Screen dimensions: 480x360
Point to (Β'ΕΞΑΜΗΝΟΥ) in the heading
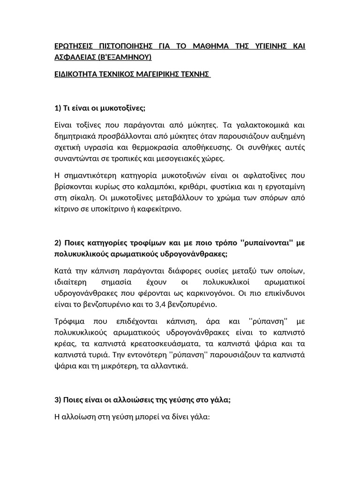pyautogui.click(x=125, y=57)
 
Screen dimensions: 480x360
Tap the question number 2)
pyautogui.click(x=58, y=242)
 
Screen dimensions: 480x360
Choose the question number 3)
pyautogui.click(x=58, y=388)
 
